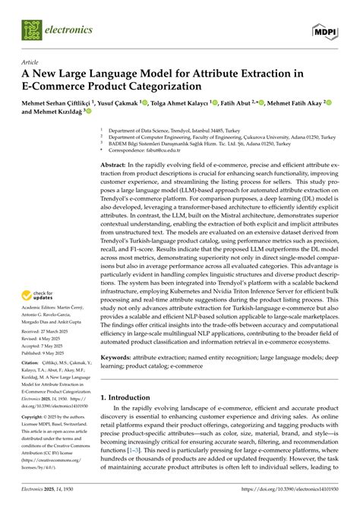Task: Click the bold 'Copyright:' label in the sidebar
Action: pos(33,417)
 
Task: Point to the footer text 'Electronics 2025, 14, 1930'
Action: pos(52,502)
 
